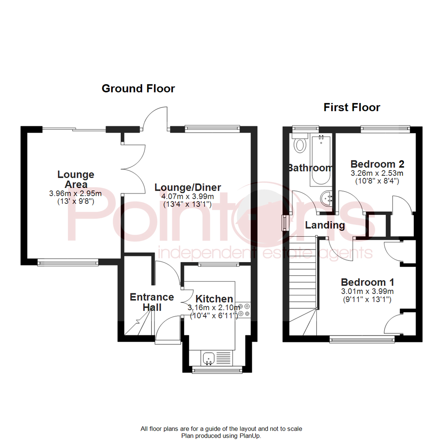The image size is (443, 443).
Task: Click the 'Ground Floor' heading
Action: coord(138,88)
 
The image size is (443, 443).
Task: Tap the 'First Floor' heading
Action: coord(352,107)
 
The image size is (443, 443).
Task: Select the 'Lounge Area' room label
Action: coord(75,179)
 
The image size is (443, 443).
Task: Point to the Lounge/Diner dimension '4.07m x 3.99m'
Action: coord(187,196)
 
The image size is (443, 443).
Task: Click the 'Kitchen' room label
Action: coord(214,299)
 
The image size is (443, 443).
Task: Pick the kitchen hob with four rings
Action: coord(244,309)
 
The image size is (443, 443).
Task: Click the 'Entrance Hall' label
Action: coord(152,302)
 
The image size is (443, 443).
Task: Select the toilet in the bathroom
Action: coord(301,144)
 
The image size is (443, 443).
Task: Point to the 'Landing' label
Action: coord(325,225)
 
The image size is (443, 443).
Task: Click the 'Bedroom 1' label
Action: coord(368,282)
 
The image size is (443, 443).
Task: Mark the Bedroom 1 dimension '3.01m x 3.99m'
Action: coord(368,291)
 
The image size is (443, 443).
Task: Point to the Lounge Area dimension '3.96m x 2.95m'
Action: coord(75,193)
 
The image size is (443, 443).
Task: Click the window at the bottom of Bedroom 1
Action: coord(362,339)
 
